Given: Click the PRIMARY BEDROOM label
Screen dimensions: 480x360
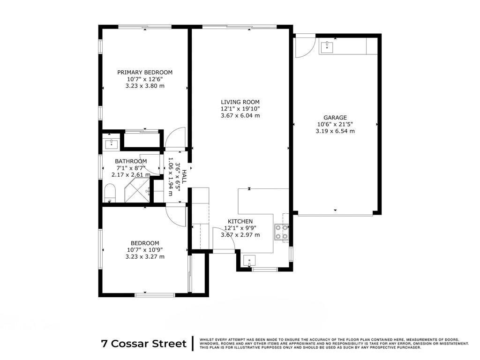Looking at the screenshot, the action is coord(145,72).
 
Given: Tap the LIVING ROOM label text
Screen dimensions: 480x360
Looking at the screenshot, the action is coord(240,102).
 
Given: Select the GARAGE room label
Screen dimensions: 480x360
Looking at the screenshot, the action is coord(335,118).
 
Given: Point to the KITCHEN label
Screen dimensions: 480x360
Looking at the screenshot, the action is coord(240,221).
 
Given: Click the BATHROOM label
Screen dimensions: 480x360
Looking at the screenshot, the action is coord(131,161).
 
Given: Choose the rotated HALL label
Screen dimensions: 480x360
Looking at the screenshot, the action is coord(184,176).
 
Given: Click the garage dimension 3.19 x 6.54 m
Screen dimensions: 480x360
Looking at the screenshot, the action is coord(335,131).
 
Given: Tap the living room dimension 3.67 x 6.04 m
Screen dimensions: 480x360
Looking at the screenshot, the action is coord(240,115).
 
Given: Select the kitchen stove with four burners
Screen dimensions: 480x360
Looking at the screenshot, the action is coord(282,232).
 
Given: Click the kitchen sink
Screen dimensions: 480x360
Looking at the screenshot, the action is coord(249,261).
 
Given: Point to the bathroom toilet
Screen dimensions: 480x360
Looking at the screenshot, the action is coord(110,193).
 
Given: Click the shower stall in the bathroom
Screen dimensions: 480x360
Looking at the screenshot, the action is coord(137,190).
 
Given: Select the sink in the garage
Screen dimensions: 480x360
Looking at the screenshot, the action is coord(327,47).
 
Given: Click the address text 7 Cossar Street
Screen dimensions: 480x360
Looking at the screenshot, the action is coord(144,344).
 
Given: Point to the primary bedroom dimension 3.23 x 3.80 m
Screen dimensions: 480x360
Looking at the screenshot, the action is coord(145,86).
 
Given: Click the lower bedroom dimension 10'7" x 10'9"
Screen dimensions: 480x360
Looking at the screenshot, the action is coord(145,250).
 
